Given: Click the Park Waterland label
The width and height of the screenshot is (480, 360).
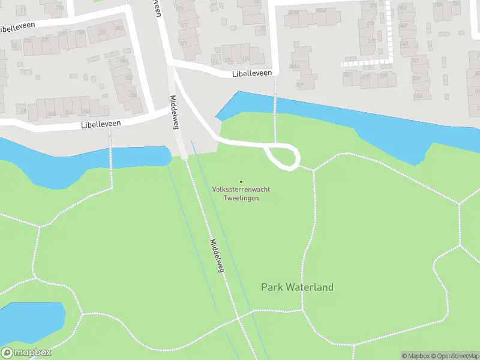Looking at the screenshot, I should coord(297,287).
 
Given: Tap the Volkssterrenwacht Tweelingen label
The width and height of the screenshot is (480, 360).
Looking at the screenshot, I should coord(241,193).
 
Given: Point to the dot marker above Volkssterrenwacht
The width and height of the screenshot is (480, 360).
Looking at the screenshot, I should coord(241,182).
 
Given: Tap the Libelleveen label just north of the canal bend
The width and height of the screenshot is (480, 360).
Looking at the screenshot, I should coord(252,73).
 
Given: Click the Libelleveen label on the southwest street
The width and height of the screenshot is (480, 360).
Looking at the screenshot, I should coord(101,124).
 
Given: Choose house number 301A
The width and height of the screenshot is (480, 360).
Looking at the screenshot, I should coord(294,66).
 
